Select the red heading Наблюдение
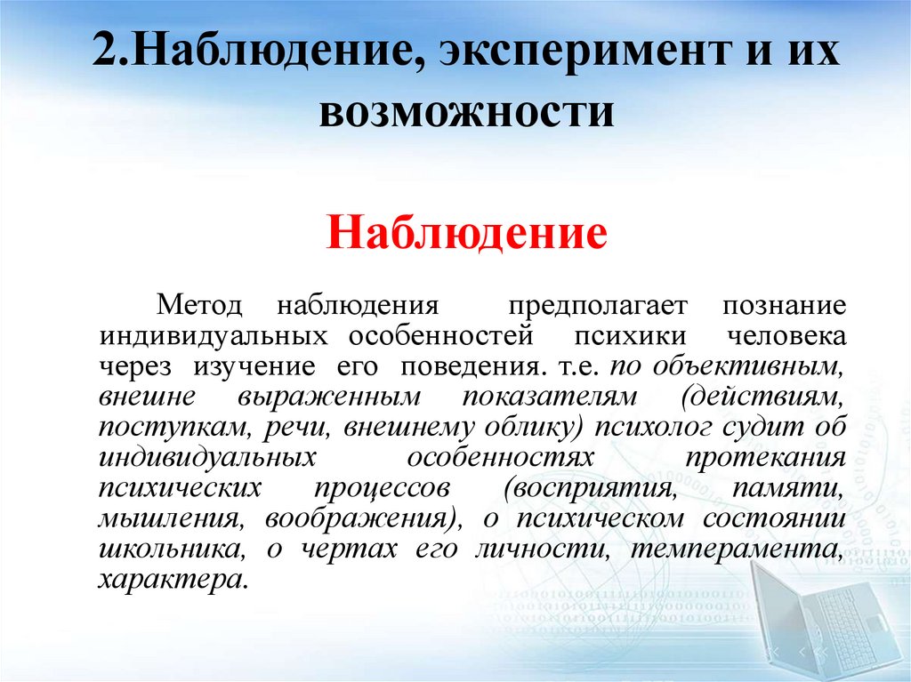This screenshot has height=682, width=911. (x=467, y=236)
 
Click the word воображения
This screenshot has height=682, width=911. (x=365, y=519)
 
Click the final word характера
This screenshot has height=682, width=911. (x=171, y=580)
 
